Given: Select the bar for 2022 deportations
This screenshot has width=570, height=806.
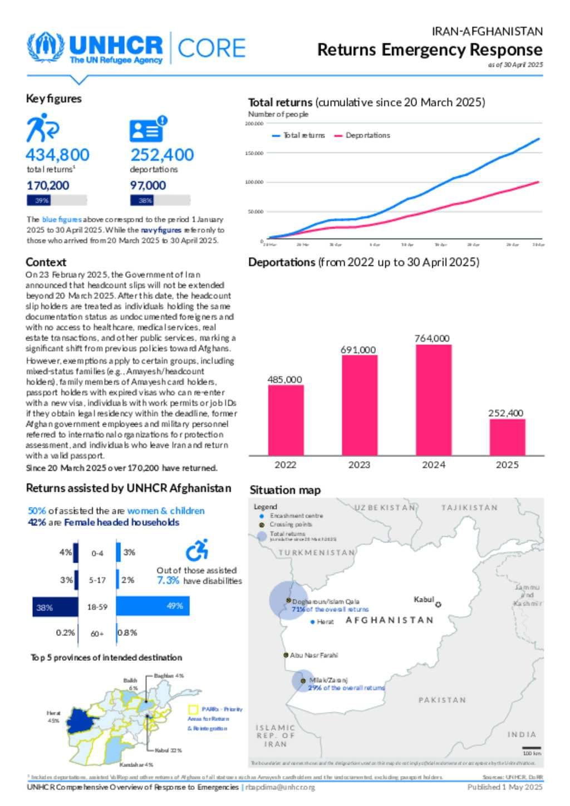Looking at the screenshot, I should [x=286, y=420].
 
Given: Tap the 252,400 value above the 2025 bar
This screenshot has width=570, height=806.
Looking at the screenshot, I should [x=505, y=413].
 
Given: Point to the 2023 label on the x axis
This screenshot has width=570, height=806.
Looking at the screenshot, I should [x=359, y=464].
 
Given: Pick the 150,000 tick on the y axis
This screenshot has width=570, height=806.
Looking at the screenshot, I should [x=254, y=153].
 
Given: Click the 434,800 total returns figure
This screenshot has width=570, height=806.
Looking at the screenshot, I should [x=57, y=155].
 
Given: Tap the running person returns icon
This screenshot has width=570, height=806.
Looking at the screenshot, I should [x=42, y=127].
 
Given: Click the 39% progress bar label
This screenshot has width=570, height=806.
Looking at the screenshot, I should [x=42, y=200].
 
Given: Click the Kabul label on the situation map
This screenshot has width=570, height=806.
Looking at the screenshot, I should [x=424, y=599].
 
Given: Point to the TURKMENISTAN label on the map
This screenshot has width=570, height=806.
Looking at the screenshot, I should [x=316, y=552].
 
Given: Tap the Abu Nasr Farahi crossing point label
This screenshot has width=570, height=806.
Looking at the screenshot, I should [x=313, y=655].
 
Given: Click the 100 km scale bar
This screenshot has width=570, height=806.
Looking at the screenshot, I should [x=532, y=748].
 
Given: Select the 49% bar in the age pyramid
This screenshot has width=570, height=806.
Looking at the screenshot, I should [x=153, y=606].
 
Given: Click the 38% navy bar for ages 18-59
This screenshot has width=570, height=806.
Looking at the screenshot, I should [x=55, y=607].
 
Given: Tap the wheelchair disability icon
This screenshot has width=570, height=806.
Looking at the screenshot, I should [x=197, y=550].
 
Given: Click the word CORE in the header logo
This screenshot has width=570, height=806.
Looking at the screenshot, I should [x=212, y=48].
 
